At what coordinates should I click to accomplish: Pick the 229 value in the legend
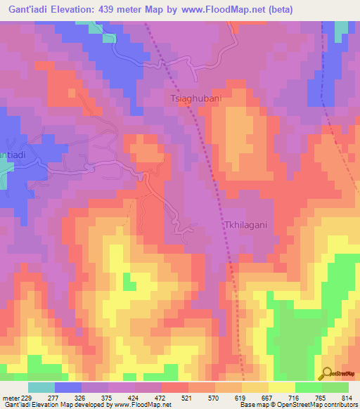[x=26, y=398]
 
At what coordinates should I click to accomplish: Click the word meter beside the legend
[x=9, y=398]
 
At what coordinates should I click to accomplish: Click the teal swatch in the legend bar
[x=41, y=387]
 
